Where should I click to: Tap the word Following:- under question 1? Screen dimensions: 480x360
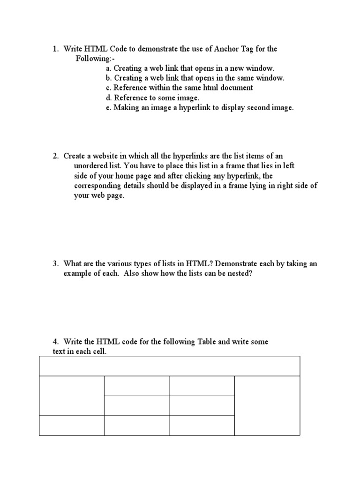(x=95, y=59)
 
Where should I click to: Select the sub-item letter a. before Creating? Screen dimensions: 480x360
(x=109, y=68)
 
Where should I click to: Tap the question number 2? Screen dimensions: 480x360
(x=55, y=156)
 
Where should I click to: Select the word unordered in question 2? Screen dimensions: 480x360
(x=91, y=165)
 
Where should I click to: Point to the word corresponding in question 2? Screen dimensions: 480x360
(x=97, y=186)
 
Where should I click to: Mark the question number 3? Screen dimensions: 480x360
(x=55, y=264)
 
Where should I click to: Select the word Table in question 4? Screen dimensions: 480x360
(x=204, y=342)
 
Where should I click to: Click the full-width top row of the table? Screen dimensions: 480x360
(x=169, y=366)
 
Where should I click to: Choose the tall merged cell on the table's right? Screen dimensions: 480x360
(x=267, y=405)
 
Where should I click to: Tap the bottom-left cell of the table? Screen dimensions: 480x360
(x=72, y=426)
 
